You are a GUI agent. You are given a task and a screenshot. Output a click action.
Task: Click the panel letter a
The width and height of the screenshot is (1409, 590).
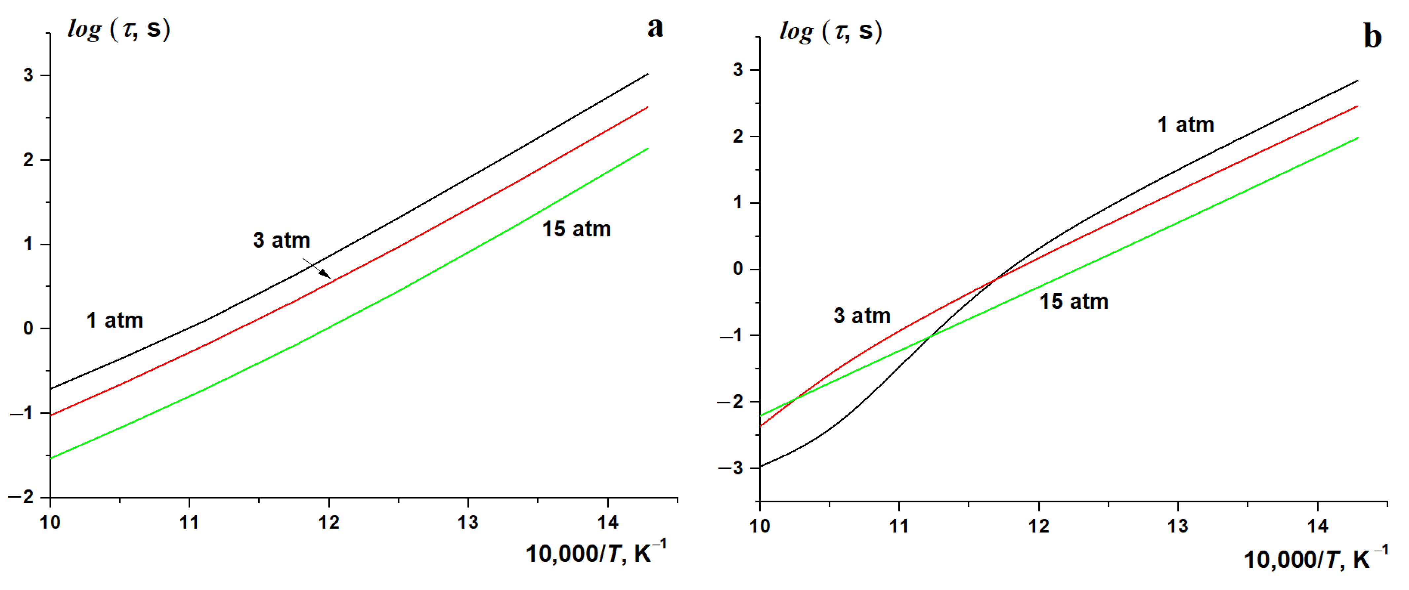coord(655,28)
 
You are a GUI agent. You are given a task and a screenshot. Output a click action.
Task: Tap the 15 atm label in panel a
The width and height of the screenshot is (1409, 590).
coord(576,229)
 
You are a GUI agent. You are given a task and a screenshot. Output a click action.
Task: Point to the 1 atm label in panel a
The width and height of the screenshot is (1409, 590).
coord(115,321)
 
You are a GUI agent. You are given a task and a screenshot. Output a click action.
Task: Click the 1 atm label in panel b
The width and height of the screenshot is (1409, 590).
coord(1186,125)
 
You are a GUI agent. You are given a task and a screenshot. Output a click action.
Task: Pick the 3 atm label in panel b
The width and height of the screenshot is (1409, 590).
coord(862,316)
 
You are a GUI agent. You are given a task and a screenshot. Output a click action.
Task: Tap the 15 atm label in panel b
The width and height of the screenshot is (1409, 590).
coord(1074,301)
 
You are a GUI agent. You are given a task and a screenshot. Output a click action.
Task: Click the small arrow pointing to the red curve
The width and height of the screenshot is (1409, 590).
coord(318,268)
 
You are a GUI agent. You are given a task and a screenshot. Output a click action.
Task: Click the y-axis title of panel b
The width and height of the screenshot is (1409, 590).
coord(830,32)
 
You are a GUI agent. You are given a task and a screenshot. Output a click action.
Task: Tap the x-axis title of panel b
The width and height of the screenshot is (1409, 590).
coord(1316,559)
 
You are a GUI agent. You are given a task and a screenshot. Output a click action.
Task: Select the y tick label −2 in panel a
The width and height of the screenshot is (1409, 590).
coord(21,497)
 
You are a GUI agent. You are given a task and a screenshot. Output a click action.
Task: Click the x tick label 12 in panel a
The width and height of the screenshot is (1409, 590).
coord(329,523)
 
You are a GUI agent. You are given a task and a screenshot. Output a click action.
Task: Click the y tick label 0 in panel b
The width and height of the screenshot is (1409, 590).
coord(738,269)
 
